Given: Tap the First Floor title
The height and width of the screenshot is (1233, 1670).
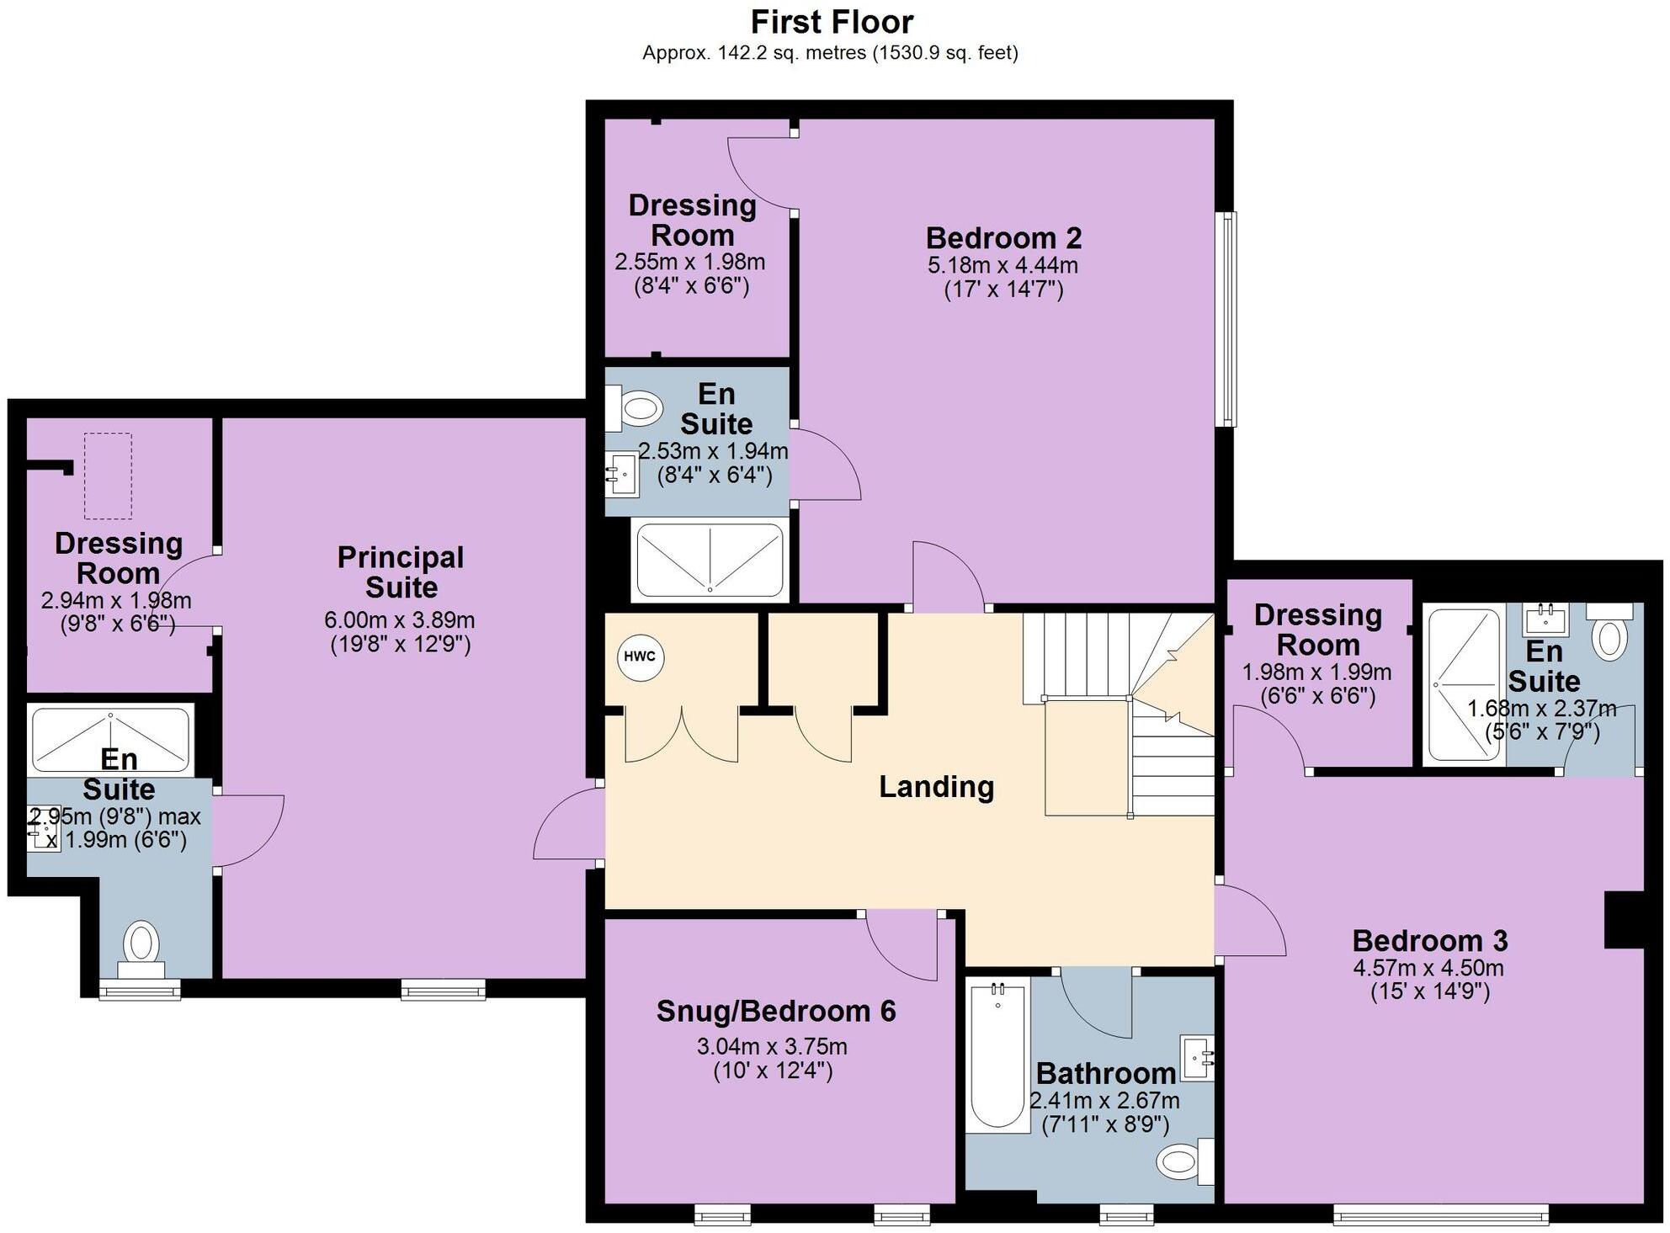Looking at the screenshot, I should [832, 22].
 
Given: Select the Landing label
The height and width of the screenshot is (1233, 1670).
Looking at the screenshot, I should [936, 787].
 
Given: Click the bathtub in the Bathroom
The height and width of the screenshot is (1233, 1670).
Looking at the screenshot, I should [998, 1055].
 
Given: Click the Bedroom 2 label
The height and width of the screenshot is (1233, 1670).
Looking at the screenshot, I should [1003, 238].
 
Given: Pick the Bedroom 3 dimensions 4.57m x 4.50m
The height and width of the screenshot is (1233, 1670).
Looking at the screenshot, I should [1428, 968].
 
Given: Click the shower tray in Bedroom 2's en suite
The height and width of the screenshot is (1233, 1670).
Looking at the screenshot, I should [710, 559].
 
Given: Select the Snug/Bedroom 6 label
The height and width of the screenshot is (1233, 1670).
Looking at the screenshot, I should [776, 1011].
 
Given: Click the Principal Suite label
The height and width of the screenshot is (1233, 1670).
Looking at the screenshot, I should [401, 572].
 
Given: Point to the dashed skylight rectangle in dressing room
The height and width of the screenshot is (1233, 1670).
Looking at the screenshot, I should [108, 476].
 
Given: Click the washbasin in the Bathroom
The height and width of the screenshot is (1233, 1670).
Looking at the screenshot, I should [1198, 1057].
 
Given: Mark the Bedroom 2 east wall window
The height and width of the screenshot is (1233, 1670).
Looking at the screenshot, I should [1229, 318].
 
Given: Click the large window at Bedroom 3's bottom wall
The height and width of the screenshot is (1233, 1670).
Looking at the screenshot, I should [1441, 1214].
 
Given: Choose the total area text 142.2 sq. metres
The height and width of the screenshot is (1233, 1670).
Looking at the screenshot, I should [753, 53].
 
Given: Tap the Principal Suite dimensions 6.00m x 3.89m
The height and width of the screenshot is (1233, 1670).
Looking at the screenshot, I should [400, 621].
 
